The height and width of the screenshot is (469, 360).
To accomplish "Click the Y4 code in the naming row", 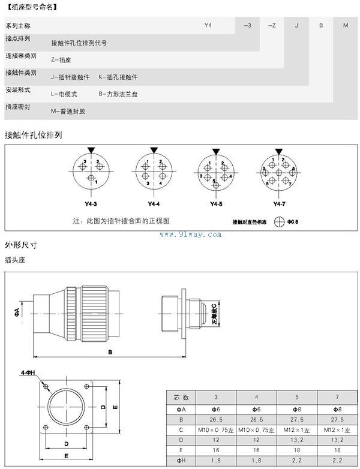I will (x=208, y=26).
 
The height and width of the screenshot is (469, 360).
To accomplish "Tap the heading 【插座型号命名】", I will (x=30, y=6).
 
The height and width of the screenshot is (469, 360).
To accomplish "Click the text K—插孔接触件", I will (x=118, y=77).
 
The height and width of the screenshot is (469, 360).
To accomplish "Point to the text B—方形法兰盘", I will (x=118, y=94).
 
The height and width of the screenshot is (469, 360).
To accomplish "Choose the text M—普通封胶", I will (x=68, y=111).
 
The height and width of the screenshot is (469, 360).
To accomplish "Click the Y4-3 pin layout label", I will (x=91, y=204).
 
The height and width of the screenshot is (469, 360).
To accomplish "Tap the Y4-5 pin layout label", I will (x=216, y=204).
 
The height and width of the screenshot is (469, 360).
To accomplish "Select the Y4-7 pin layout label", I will (x=279, y=204).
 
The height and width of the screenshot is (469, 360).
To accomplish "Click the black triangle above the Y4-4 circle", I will (x=154, y=150).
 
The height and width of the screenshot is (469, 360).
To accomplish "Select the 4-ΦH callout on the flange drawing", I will (x=28, y=372).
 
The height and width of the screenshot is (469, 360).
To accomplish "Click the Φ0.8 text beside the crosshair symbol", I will (x=293, y=222).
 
